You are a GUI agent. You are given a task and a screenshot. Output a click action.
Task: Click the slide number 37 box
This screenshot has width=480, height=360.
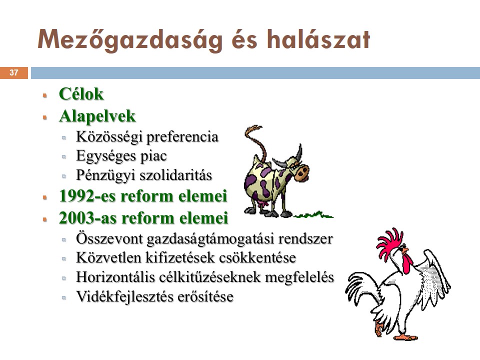point(14,73)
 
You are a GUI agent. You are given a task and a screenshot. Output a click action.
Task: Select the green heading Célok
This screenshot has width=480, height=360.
point(81,93)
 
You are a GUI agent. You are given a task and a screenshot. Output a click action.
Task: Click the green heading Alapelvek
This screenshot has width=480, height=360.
point(97,116)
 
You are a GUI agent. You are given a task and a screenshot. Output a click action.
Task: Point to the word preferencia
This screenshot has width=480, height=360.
point(182,137)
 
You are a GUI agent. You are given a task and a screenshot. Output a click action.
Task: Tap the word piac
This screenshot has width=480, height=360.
point(153,156)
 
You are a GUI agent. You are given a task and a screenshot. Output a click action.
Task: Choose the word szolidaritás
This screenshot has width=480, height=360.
point(175,175)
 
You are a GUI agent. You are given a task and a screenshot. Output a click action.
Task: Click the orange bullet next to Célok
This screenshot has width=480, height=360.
point(45,95)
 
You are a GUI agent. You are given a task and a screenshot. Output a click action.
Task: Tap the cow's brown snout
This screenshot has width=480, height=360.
point(302,172)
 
